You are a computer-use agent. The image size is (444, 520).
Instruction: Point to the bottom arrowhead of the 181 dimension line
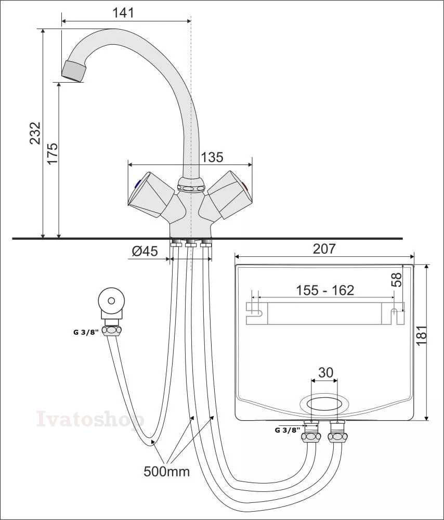coord(427,418)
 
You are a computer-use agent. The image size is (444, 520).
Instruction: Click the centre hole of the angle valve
coord(111,301)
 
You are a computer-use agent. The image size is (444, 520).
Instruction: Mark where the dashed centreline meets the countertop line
coord(191,239)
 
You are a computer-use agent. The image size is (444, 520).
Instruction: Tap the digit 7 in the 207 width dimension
coord(331,249)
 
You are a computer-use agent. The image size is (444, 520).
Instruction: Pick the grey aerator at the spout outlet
coord(74,71)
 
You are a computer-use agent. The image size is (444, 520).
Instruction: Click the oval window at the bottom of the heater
coord(324,405)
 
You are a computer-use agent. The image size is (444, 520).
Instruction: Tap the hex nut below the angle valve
coord(111,331)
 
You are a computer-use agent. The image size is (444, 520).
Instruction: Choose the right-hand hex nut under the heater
coord(337,436)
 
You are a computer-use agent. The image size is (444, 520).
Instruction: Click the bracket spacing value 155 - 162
coord(325,291)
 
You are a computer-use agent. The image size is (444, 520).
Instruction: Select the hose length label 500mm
coord(166,471)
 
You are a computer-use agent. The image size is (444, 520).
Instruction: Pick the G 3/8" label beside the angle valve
coord(86,332)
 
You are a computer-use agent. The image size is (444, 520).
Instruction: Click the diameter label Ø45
coord(145,251)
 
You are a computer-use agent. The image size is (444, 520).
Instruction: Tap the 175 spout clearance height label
coord(53,153)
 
